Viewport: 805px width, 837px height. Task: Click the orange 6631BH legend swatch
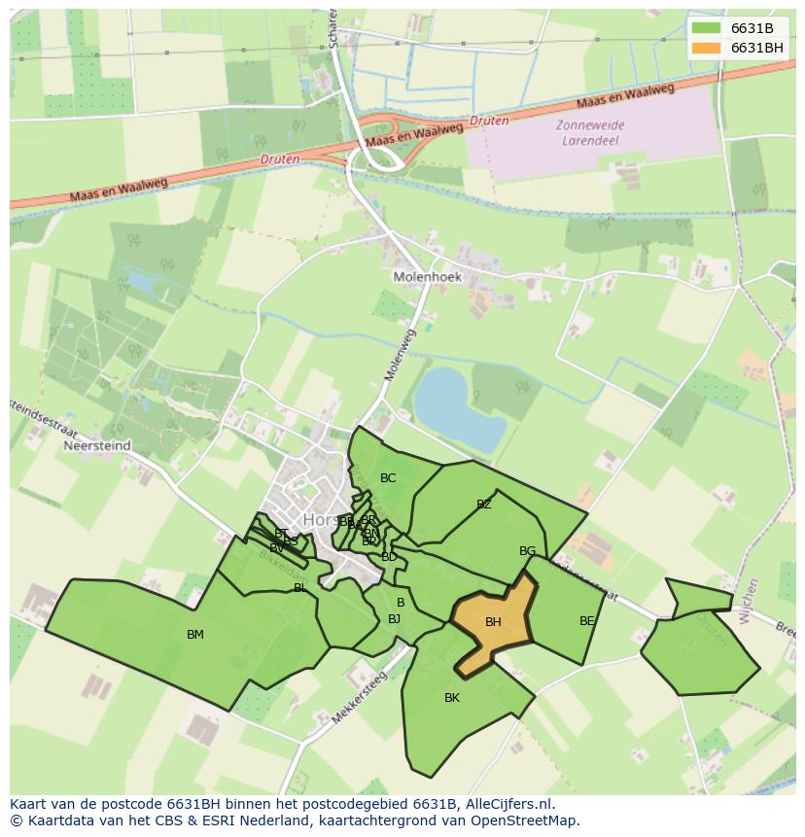[x=707, y=48]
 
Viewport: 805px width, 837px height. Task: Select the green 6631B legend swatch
[x=707, y=28]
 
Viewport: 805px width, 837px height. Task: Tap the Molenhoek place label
[x=427, y=277]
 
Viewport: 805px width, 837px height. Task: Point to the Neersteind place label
[x=96, y=446]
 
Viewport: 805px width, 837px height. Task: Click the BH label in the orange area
[x=493, y=622]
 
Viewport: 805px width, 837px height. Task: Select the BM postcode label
[x=195, y=635]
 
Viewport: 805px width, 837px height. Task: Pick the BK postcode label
[x=452, y=698]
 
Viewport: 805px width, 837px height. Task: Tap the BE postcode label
[x=586, y=621]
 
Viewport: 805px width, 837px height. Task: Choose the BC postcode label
[x=388, y=478]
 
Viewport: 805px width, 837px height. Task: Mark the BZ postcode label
[x=484, y=505]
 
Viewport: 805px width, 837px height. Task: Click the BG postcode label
[x=527, y=551]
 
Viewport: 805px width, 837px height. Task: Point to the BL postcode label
[x=299, y=588]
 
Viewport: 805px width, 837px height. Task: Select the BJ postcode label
[x=394, y=619]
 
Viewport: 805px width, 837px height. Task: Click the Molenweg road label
[x=400, y=354]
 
